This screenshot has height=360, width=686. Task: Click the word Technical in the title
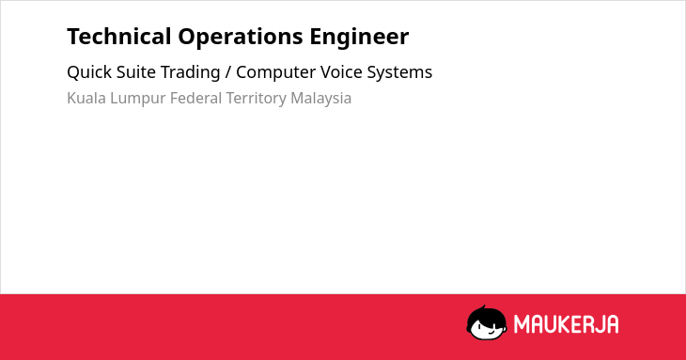tap(119, 37)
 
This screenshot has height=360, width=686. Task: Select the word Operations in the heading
tap(241, 38)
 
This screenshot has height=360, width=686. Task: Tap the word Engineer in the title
tap(359, 38)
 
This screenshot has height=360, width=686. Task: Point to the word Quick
tap(89, 72)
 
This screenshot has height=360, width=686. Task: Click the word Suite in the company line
tap(135, 72)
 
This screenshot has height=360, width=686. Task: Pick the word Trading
tap(191, 72)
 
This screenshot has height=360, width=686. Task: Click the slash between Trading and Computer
tap(228, 72)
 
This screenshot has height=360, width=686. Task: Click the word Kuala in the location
tap(86, 98)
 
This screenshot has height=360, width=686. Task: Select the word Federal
tap(195, 98)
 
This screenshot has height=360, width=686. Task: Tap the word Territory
tap(256, 99)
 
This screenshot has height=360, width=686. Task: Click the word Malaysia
tap(321, 99)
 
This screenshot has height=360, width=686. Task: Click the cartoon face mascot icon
tap(487, 323)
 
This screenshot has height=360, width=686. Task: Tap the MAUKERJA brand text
tap(566, 324)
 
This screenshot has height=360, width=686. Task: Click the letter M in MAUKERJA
tap(521, 324)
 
